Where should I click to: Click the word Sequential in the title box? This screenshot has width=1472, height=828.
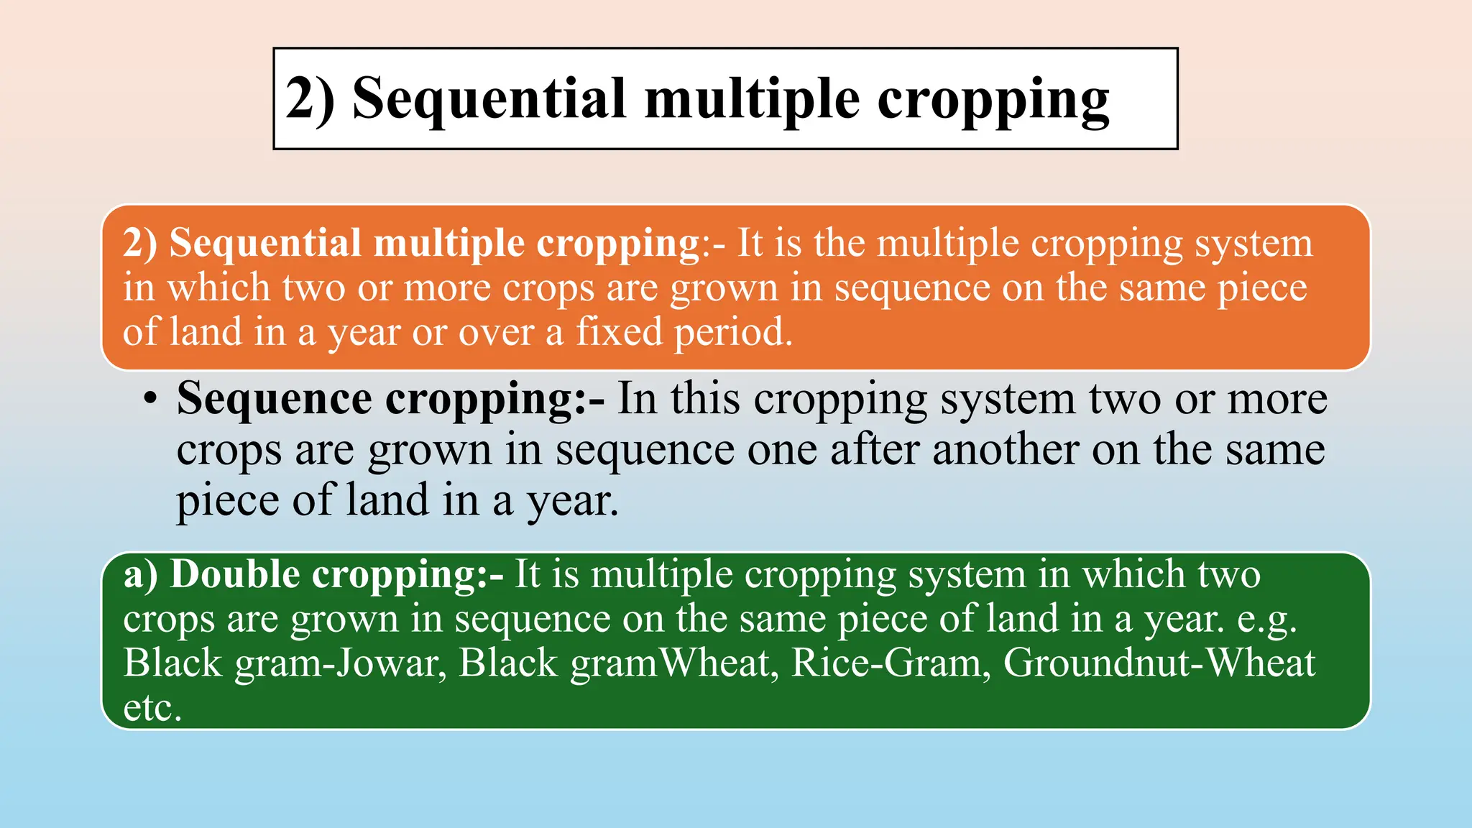(x=489, y=98)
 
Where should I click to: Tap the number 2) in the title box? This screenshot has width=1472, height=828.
(x=310, y=98)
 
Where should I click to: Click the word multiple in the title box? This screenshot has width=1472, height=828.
(x=752, y=98)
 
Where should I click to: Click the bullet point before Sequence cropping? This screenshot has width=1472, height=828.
(x=149, y=400)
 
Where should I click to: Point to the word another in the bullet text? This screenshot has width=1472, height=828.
(x=1006, y=450)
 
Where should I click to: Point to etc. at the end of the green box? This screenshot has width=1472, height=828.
(x=152, y=708)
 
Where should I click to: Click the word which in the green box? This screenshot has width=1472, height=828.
(x=1133, y=575)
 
